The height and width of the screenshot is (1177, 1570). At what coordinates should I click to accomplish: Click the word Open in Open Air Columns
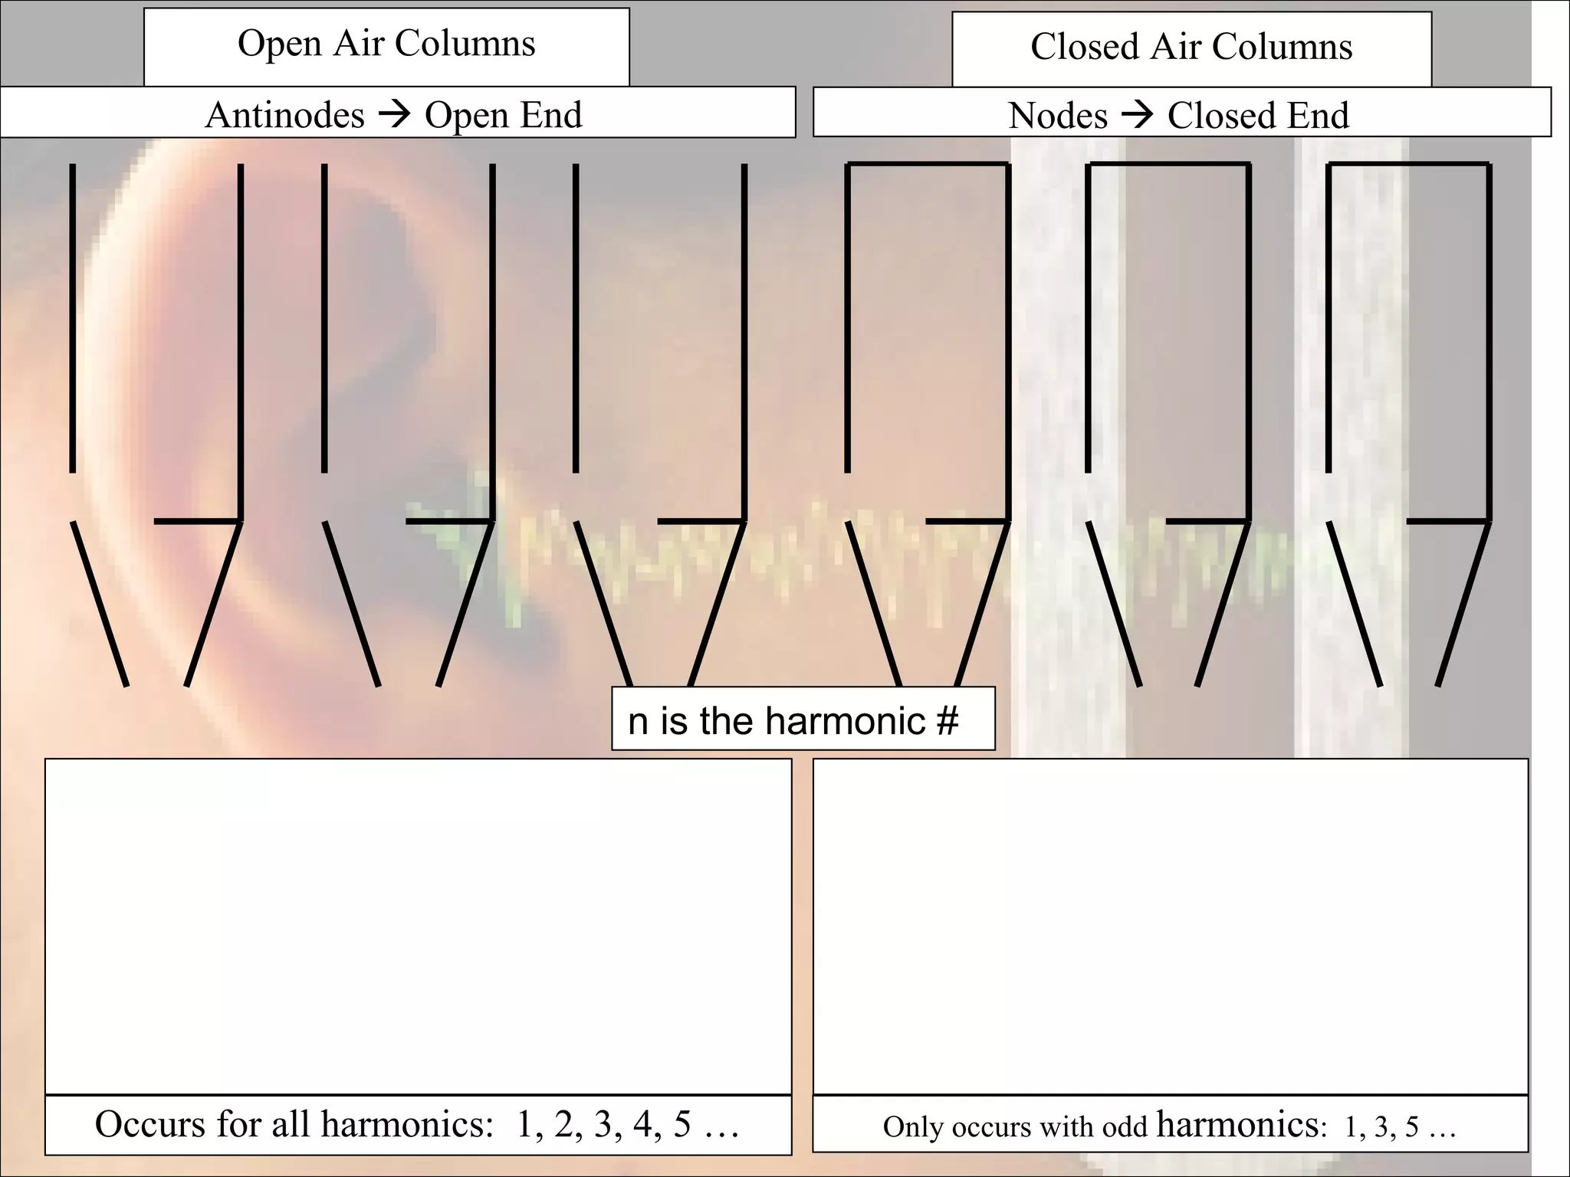coord(279,44)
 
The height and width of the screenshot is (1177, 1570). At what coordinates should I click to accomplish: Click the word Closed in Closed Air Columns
coord(1084,47)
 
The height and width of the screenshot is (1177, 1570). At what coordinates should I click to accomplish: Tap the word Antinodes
coord(284,116)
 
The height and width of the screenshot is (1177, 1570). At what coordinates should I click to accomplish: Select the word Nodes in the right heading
coord(1057,116)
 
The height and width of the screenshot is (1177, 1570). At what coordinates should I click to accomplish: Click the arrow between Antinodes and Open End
coord(395,115)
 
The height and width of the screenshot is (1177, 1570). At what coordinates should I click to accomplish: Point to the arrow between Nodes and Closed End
coord(1138,116)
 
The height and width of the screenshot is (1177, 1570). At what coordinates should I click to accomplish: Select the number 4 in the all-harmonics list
coord(642,1124)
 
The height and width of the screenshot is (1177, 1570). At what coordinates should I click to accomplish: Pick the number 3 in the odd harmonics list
coord(1381,1126)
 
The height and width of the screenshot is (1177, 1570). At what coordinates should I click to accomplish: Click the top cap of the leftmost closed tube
coord(927,164)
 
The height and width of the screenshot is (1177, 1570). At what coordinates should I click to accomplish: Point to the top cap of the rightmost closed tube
coord(1407,164)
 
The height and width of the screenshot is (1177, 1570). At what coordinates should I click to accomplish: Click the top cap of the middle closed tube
coord(1168,164)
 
